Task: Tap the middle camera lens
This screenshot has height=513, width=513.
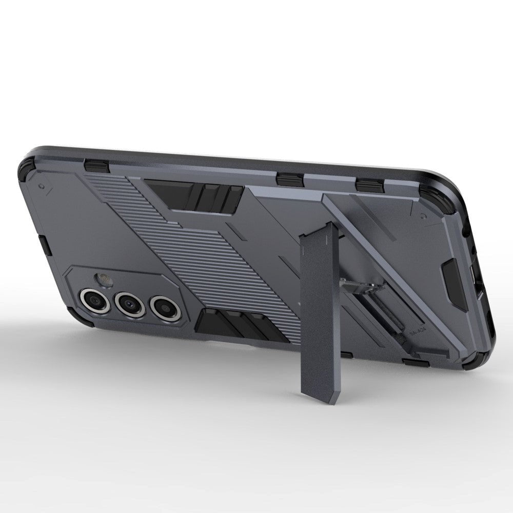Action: pos(128,304)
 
